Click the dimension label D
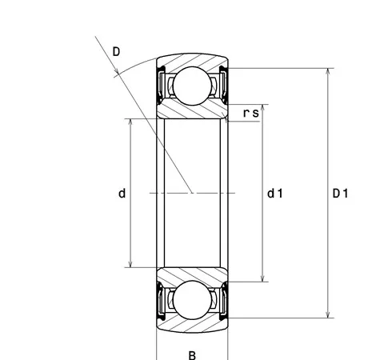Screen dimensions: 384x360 (x=116, y=51)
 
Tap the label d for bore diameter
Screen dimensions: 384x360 (x=122, y=194)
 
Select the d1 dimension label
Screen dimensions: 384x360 (x=275, y=194)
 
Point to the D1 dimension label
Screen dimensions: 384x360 (x=340, y=194)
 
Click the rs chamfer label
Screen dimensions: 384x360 (x=251, y=113)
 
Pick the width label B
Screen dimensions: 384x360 (x=192, y=355)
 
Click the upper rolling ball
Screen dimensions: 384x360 (x=192, y=86)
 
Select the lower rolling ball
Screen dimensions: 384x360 (x=192, y=300)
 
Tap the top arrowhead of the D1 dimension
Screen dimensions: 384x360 (x=328, y=71)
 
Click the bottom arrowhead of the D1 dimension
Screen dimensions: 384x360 (x=328, y=314)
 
